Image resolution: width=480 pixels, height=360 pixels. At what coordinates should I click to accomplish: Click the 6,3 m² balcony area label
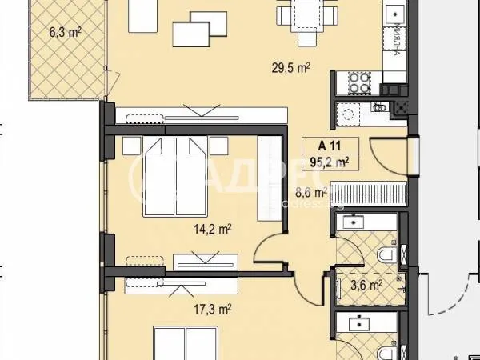(x=65, y=33)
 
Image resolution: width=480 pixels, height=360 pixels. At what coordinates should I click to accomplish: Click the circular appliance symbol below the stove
(x=349, y=115)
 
